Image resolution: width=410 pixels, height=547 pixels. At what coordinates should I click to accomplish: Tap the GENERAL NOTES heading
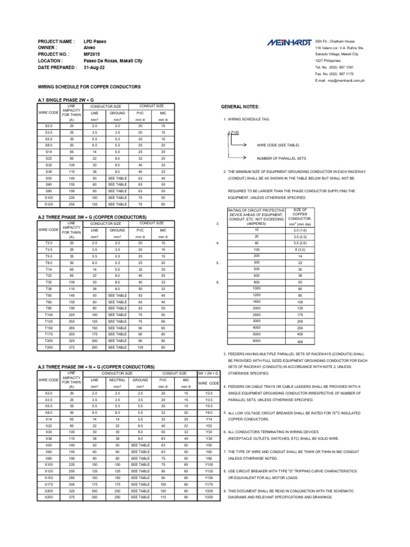243,107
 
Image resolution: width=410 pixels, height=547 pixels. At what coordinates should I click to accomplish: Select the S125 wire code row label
49,204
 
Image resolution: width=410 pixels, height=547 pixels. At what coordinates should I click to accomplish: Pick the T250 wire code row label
49,347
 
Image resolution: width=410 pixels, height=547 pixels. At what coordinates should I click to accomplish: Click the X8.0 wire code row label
49,412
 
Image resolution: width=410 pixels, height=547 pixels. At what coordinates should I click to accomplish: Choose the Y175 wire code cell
209,483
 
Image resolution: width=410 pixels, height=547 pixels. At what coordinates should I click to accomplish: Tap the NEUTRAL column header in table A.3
117,380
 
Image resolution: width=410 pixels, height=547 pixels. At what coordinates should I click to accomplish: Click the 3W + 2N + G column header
209,373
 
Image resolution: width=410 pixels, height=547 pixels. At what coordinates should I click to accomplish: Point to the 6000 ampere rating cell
256,340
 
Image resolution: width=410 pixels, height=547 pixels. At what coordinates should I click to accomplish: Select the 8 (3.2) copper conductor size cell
300,249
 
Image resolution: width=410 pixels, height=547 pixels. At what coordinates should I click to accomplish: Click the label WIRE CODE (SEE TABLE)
278,145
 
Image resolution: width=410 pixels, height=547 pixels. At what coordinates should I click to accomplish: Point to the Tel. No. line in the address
334,67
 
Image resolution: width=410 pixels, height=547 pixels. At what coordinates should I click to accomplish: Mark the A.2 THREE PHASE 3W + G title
92,217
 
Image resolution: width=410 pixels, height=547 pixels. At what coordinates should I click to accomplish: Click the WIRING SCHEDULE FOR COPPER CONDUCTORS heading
89,87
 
